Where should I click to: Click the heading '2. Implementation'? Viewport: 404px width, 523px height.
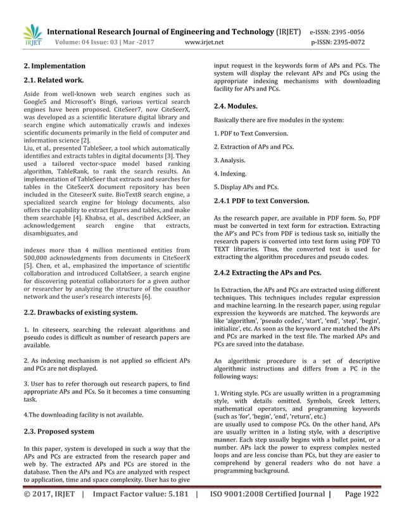point(54,66)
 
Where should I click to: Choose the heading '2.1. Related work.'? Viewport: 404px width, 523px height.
point(54,80)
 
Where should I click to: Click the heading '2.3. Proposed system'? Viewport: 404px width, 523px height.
point(59,431)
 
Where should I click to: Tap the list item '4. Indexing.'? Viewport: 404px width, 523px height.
point(231,173)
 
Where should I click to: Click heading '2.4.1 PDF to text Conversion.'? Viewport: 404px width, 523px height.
point(262,201)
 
